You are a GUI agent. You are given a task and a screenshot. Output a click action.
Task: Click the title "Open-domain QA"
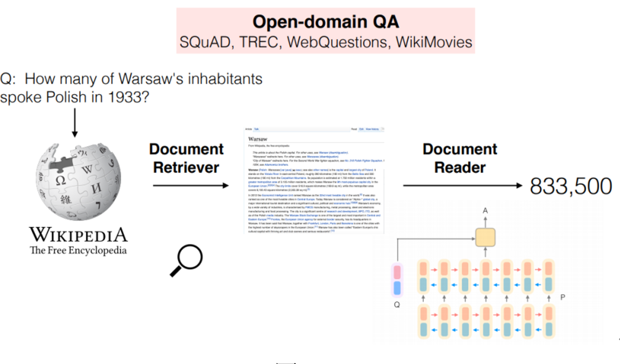(325, 22)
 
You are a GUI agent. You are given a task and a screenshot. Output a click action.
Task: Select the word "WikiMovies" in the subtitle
(434, 42)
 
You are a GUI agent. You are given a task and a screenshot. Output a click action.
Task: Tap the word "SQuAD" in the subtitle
(205, 42)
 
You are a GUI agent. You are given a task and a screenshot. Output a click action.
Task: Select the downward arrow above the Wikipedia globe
(74, 122)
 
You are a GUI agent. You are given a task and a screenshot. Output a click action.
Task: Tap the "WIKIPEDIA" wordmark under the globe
(78, 234)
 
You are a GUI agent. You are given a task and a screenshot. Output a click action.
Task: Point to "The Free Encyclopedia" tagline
(78, 250)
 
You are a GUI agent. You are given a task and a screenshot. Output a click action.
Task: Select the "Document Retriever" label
(186, 158)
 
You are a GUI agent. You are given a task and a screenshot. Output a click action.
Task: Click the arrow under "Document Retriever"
(190, 185)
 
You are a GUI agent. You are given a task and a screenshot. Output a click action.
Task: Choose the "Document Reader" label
(459, 158)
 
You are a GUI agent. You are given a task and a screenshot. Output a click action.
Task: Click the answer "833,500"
(571, 186)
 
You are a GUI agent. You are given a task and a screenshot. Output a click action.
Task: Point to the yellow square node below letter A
(485, 237)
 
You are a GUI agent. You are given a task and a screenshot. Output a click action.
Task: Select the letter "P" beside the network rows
(563, 297)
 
